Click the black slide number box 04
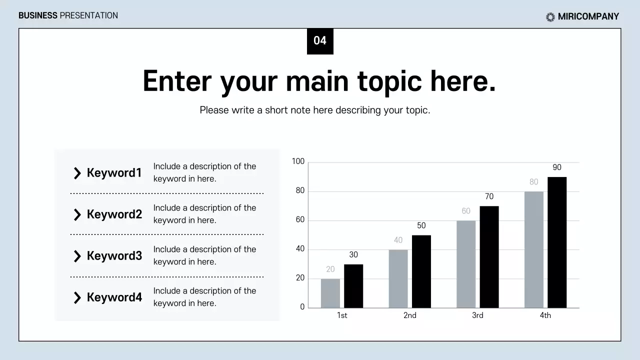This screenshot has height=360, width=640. (320, 41)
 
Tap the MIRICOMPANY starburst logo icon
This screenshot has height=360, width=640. (550, 17)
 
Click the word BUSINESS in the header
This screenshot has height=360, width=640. (38, 15)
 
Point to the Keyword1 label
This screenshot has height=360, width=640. (114, 173)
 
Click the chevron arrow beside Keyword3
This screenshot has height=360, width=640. (77, 256)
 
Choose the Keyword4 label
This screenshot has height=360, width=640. (114, 297)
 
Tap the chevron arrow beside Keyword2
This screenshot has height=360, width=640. (77, 215)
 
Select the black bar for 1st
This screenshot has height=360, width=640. (353, 286)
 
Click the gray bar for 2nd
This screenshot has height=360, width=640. (398, 278)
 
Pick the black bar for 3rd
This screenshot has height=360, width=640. (489, 257)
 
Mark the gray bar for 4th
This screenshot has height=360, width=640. (533, 249)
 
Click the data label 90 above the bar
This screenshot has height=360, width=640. (557, 167)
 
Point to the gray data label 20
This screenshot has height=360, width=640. (330, 269)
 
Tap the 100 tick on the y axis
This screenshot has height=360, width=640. (298, 161)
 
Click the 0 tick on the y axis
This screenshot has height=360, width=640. (302, 307)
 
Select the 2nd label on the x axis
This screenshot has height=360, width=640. (410, 315)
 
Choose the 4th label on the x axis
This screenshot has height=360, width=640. (545, 315)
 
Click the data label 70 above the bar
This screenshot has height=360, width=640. (489, 196)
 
